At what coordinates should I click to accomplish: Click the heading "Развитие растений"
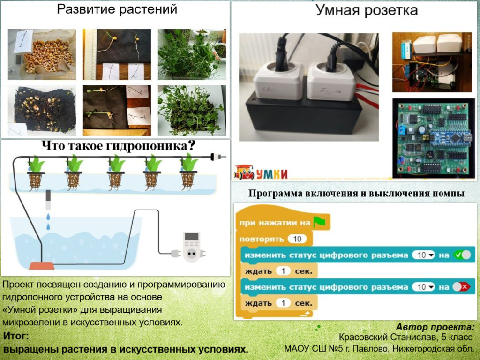point(117,9)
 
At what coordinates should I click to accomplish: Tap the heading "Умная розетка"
point(367,10)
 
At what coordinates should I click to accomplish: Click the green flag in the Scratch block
point(319,222)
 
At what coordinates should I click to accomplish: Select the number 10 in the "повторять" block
point(297,239)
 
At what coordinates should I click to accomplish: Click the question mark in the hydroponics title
point(191,146)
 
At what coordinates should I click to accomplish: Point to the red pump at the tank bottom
point(42,266)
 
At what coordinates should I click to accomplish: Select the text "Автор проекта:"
point(435,327)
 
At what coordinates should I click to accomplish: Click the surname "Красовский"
point(361,337)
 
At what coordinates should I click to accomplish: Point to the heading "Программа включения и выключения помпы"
point(356,194)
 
